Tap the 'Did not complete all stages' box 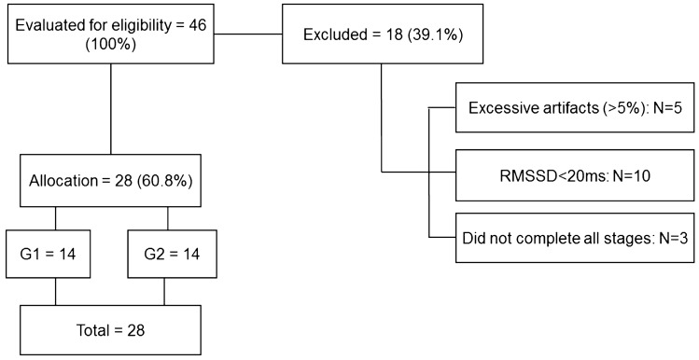point(575,238)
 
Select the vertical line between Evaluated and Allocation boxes point(112,110)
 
